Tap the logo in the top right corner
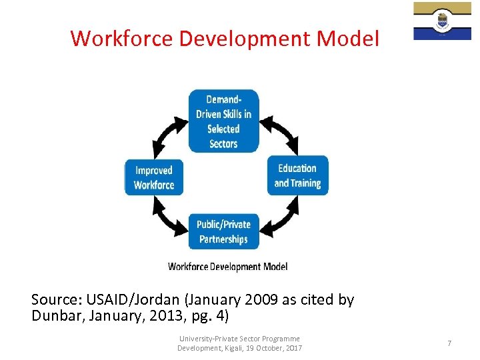[x=442, y=21]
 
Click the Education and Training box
[x=297, y=176]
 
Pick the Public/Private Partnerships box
[x=223, y=232]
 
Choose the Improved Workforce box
[x=154, y=178]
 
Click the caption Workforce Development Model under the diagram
[x=227, y=267]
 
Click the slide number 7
[x=449, y=343]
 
